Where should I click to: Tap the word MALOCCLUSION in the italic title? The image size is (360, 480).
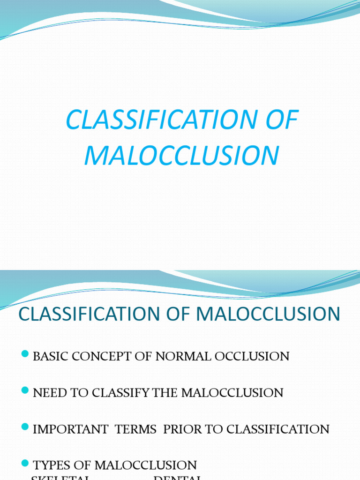(181, 156)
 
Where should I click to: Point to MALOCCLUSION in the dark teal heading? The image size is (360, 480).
(269, 314)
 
